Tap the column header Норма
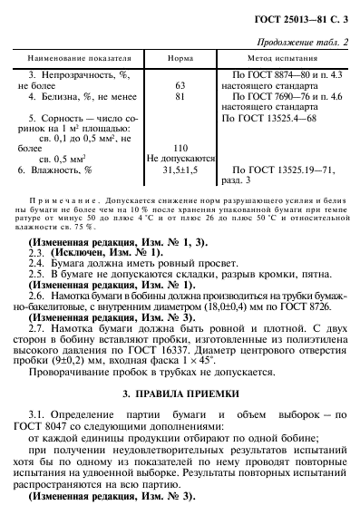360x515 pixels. pos(180,57)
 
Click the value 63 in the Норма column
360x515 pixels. pos(180,84)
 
